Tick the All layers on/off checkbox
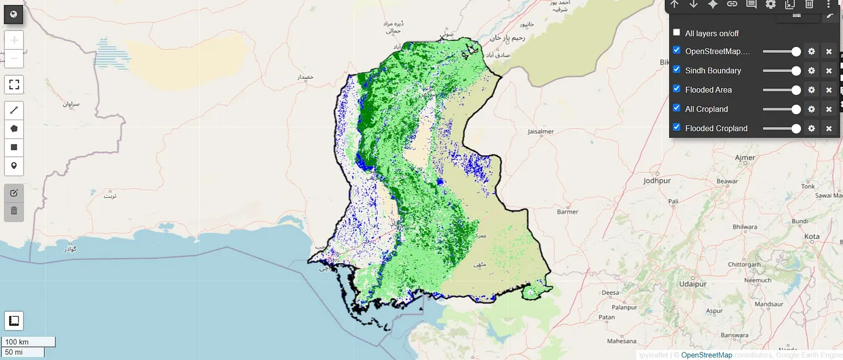click(x=677, y=33)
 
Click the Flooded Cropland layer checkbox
click(x=677, y=127)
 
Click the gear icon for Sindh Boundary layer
click(x=811, y=71)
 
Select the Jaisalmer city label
click(x=540, y=132)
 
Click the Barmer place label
click(x=567, y=212)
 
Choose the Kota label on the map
click(x=811, y=236)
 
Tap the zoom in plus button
click(x=14, y=40)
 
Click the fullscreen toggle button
click(x=14, y=84)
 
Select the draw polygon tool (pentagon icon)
click(x=14, y=128)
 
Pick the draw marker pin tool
click(x=14, y=166)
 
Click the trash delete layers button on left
click(x=14, y=212)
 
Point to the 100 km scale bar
click(x=28, y=342)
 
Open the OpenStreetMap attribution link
click(x=706, y=355)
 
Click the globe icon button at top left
click(x=14, y=14)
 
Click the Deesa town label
click(x=610, y=292)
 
